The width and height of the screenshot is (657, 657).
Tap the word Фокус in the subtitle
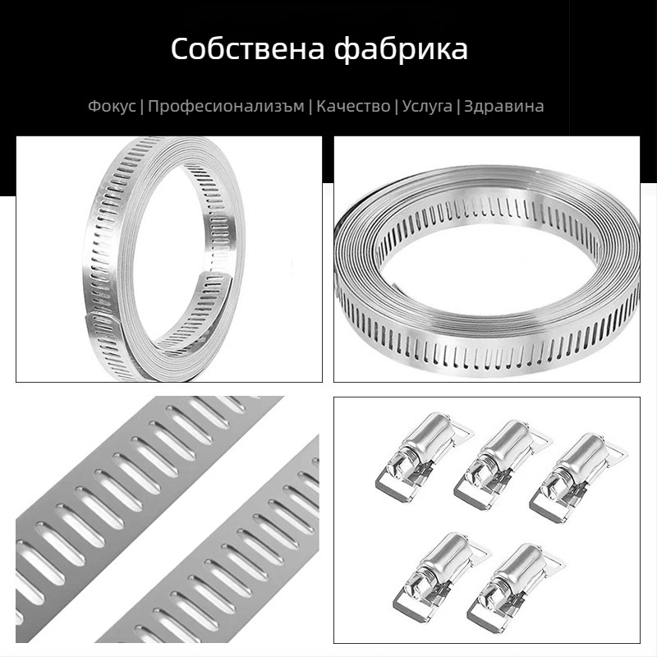[112, 106]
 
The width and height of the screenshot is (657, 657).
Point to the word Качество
[353, 106]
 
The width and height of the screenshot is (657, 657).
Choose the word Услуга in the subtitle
[427, 106]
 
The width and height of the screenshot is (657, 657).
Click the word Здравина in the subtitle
[503, 106]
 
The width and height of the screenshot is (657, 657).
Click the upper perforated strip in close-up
[140, 476]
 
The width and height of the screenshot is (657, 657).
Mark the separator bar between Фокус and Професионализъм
[142, 106]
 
